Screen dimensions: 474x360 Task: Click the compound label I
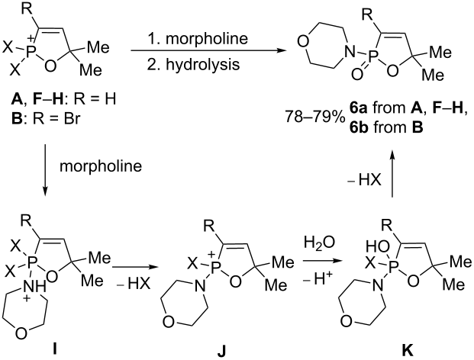click(55, 349)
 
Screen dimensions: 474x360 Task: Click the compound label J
click(221, 350)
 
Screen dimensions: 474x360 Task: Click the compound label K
click(407, 350)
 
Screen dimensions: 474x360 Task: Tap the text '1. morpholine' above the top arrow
click(198, 38)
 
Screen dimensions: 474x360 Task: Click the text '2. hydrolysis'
click(193, 64)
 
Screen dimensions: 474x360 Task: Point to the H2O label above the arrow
click(319, 243)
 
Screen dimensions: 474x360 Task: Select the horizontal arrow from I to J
click(135, 267)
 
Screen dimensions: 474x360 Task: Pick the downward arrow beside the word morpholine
click(45, 170)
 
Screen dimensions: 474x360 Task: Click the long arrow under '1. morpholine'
click(208, 51)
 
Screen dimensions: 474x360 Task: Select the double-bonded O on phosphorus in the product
click(356, 74)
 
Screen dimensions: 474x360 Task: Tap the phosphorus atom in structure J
click(214, 267)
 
